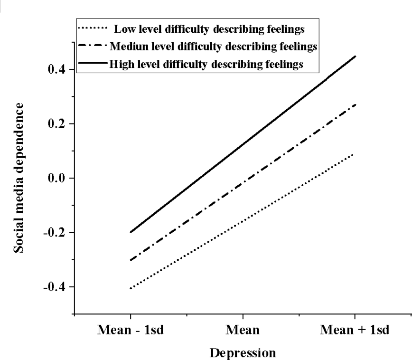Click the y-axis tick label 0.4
click(57, 69)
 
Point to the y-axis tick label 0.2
click(57, 124)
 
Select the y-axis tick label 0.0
click(57, 178)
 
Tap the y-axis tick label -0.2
click(55, 233)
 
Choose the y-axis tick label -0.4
click(55, 287)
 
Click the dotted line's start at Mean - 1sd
click(130, 288)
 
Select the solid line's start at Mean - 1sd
click(130, 232)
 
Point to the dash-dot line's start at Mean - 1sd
click(130, 260)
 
